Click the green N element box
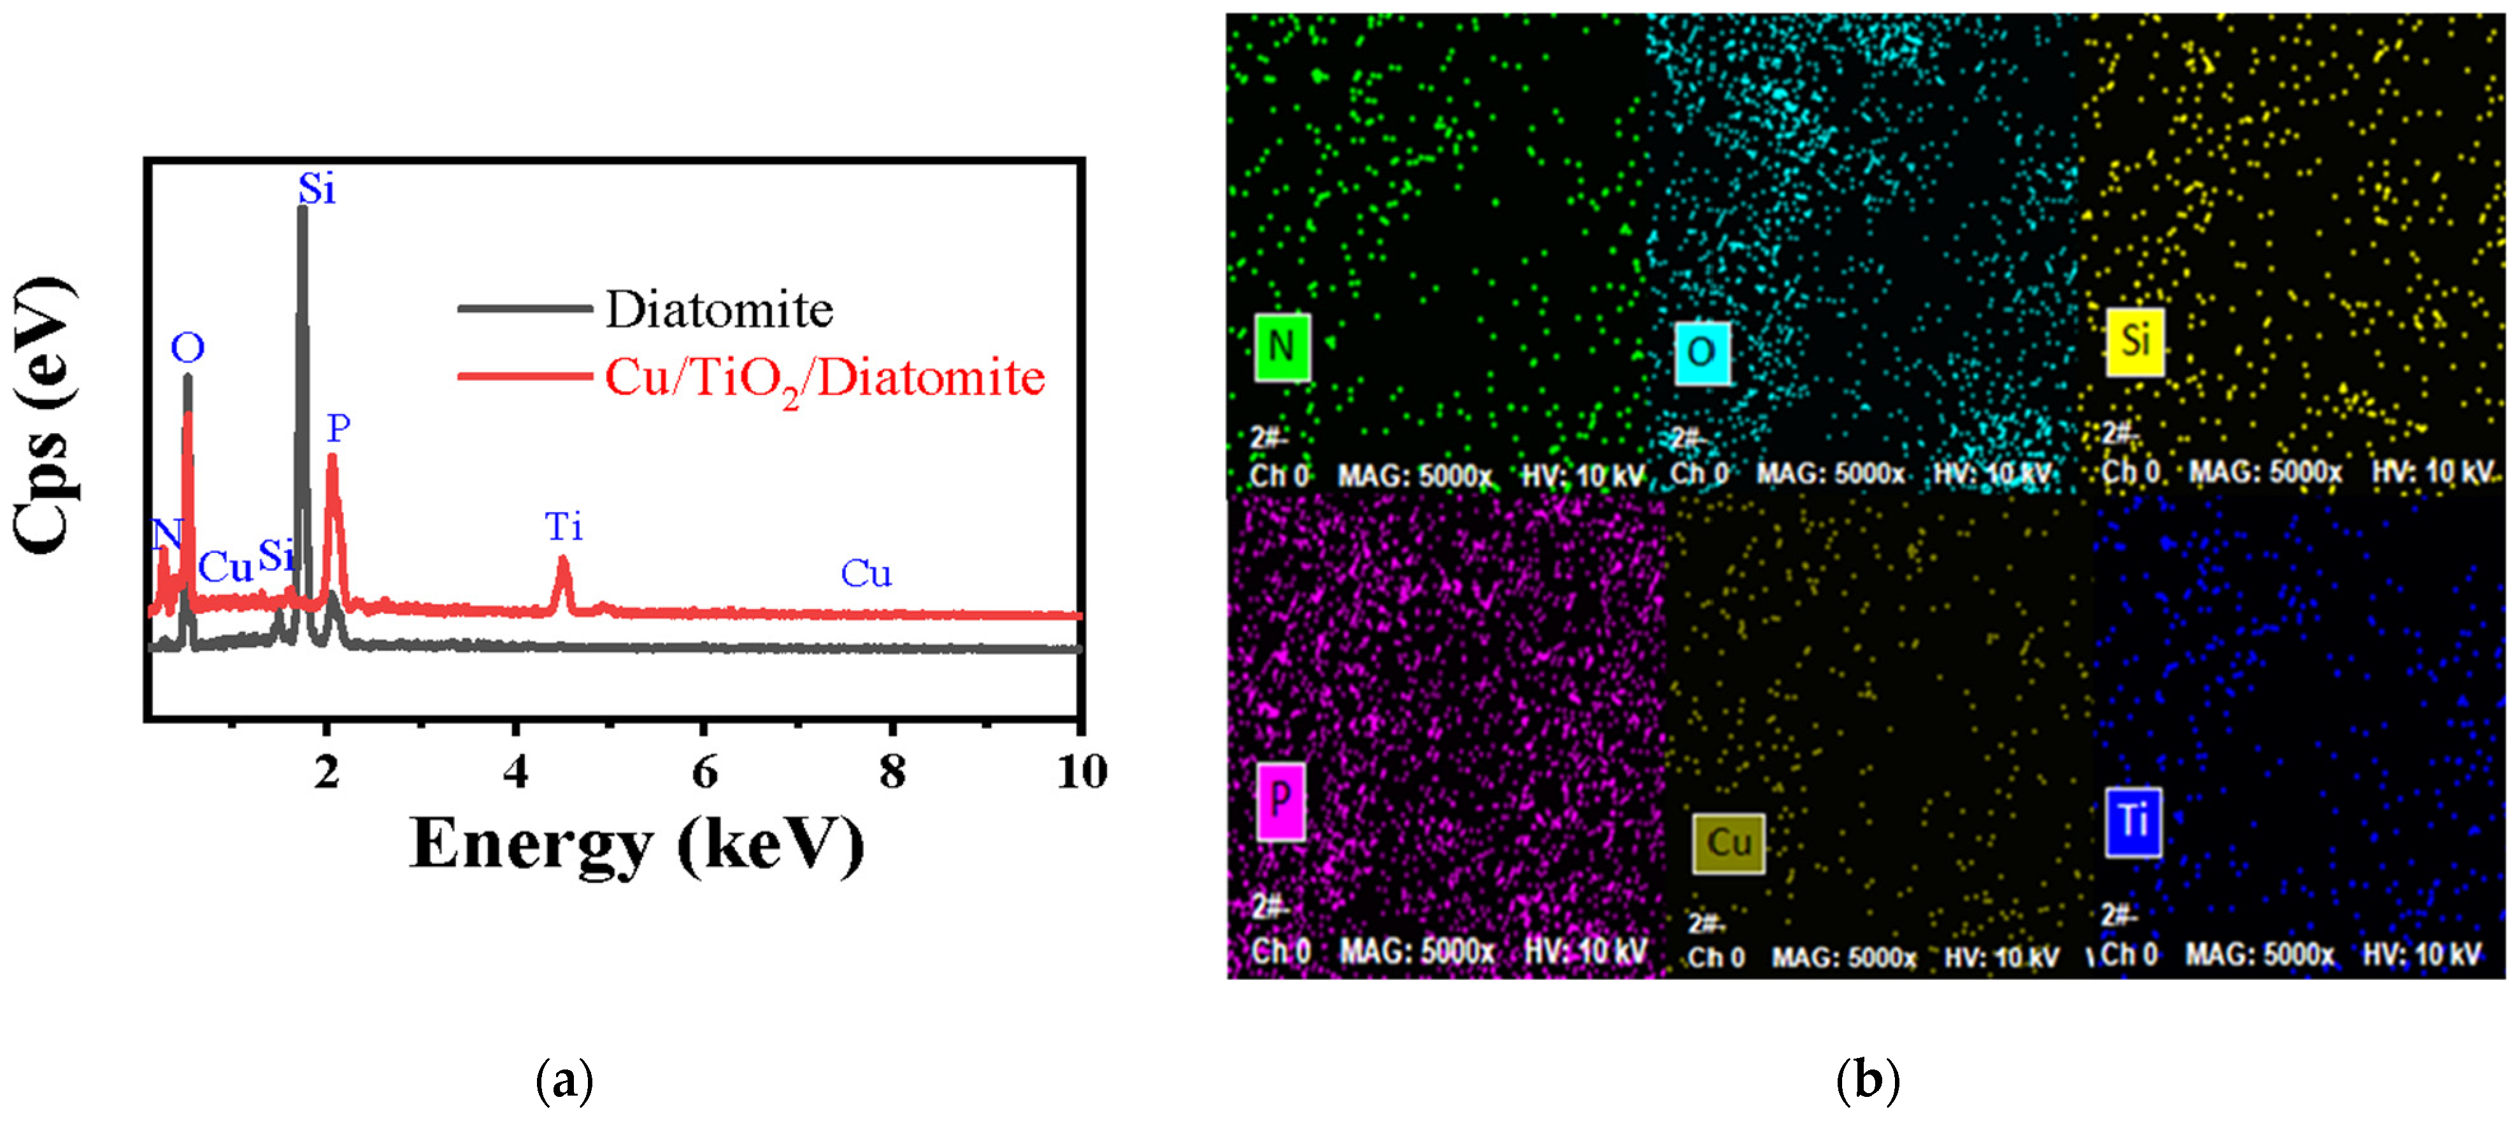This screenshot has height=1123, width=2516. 1282,347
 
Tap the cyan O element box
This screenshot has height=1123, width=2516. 1701,352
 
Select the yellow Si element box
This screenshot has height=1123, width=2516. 2135,341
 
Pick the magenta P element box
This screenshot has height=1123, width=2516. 1280,802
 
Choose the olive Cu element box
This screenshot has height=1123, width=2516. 1728,843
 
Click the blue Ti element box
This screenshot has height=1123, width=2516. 2133,821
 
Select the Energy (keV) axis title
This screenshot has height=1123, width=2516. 637,844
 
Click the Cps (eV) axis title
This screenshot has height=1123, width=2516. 44,415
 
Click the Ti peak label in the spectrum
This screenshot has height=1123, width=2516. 564,527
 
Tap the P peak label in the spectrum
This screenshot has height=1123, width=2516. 338,427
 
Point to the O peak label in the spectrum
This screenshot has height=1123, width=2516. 187,348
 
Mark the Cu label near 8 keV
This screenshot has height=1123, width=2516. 866,573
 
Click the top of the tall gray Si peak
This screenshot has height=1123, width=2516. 302,211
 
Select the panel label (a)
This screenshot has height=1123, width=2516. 564,1080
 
